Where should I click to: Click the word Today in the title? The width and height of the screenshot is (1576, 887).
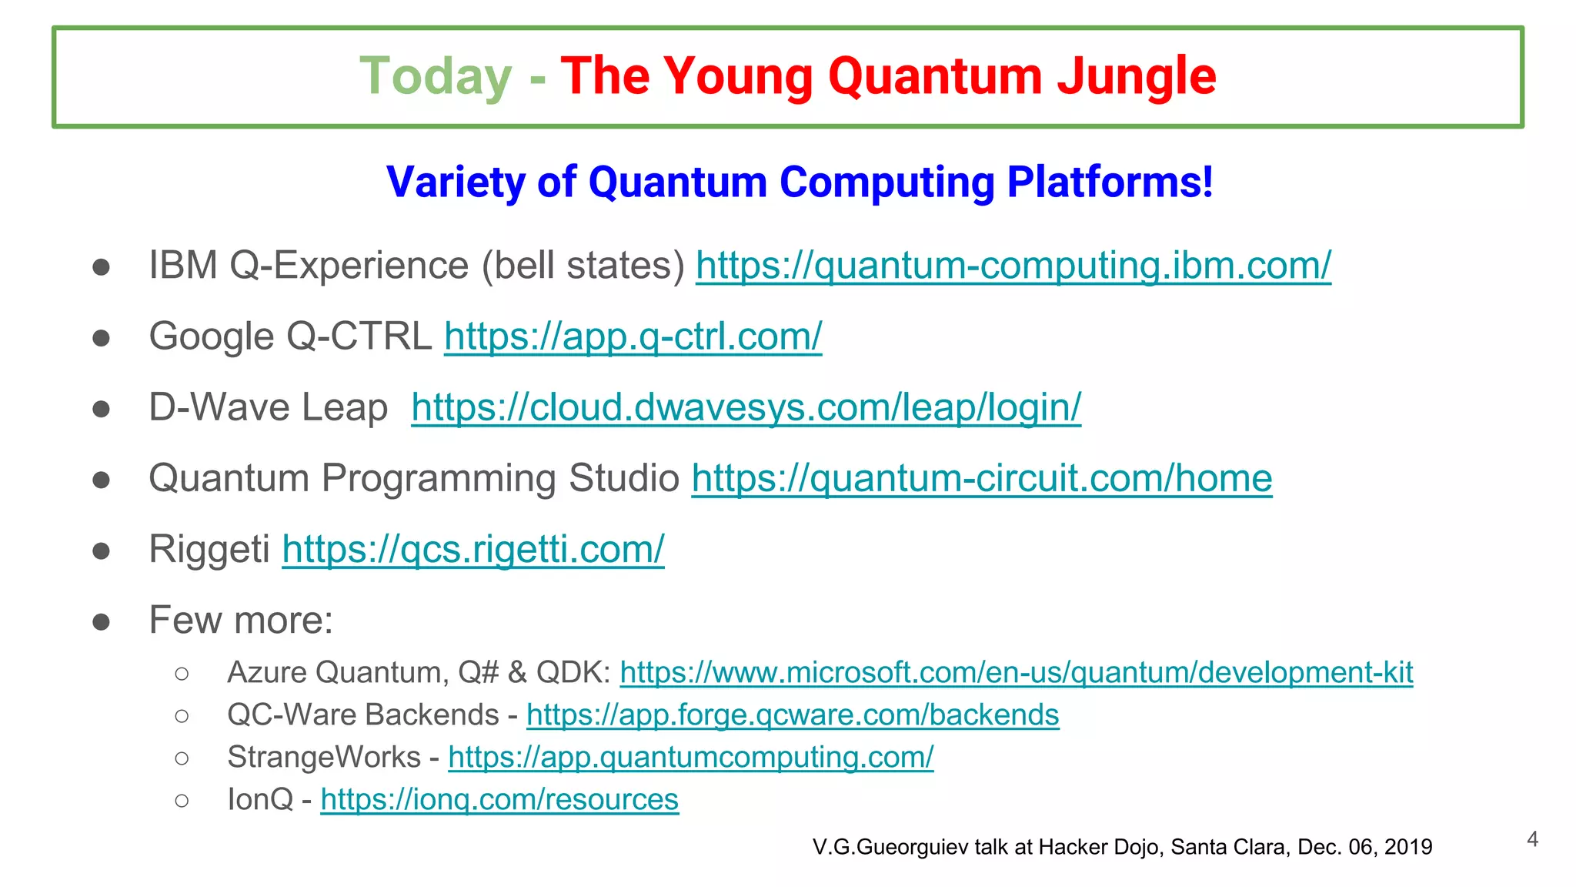click(x=436, y=77)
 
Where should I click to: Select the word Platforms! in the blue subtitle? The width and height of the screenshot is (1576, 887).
click(x=1110, y=182)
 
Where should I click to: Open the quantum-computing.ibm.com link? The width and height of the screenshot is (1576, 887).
click(x=1013, y=266)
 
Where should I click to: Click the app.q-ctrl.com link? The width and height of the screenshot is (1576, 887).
click(x=633, y=337)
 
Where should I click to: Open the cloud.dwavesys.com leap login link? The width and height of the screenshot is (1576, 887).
click(x=746, y=408)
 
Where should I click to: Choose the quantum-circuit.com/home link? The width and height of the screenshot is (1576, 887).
click(x=981, y=479)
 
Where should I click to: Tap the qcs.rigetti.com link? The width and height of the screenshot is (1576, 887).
click(x=472, y=550)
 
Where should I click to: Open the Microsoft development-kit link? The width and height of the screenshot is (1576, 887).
click(x=1016, y=673)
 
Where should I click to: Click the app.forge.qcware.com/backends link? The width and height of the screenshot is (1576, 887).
click(x=793, y=715)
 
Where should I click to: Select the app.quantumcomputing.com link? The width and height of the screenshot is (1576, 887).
click(x=690, y=758)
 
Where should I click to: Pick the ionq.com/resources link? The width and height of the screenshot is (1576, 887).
click(x=499, y=800)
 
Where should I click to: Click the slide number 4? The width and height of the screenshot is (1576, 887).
click(x=1532, y=839)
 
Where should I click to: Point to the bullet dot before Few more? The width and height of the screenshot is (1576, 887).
click(x=101, y=621)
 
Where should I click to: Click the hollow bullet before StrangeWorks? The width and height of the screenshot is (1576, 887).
click(x=182, y=758)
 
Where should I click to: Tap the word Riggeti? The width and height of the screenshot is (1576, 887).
click(x=209, y=550)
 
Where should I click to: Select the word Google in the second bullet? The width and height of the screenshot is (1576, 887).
click(x=212, y=337)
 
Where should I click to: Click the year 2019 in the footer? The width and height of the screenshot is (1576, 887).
click(x=1407, y=847)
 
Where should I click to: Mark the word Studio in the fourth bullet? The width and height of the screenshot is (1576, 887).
click(x=623, y=479)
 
